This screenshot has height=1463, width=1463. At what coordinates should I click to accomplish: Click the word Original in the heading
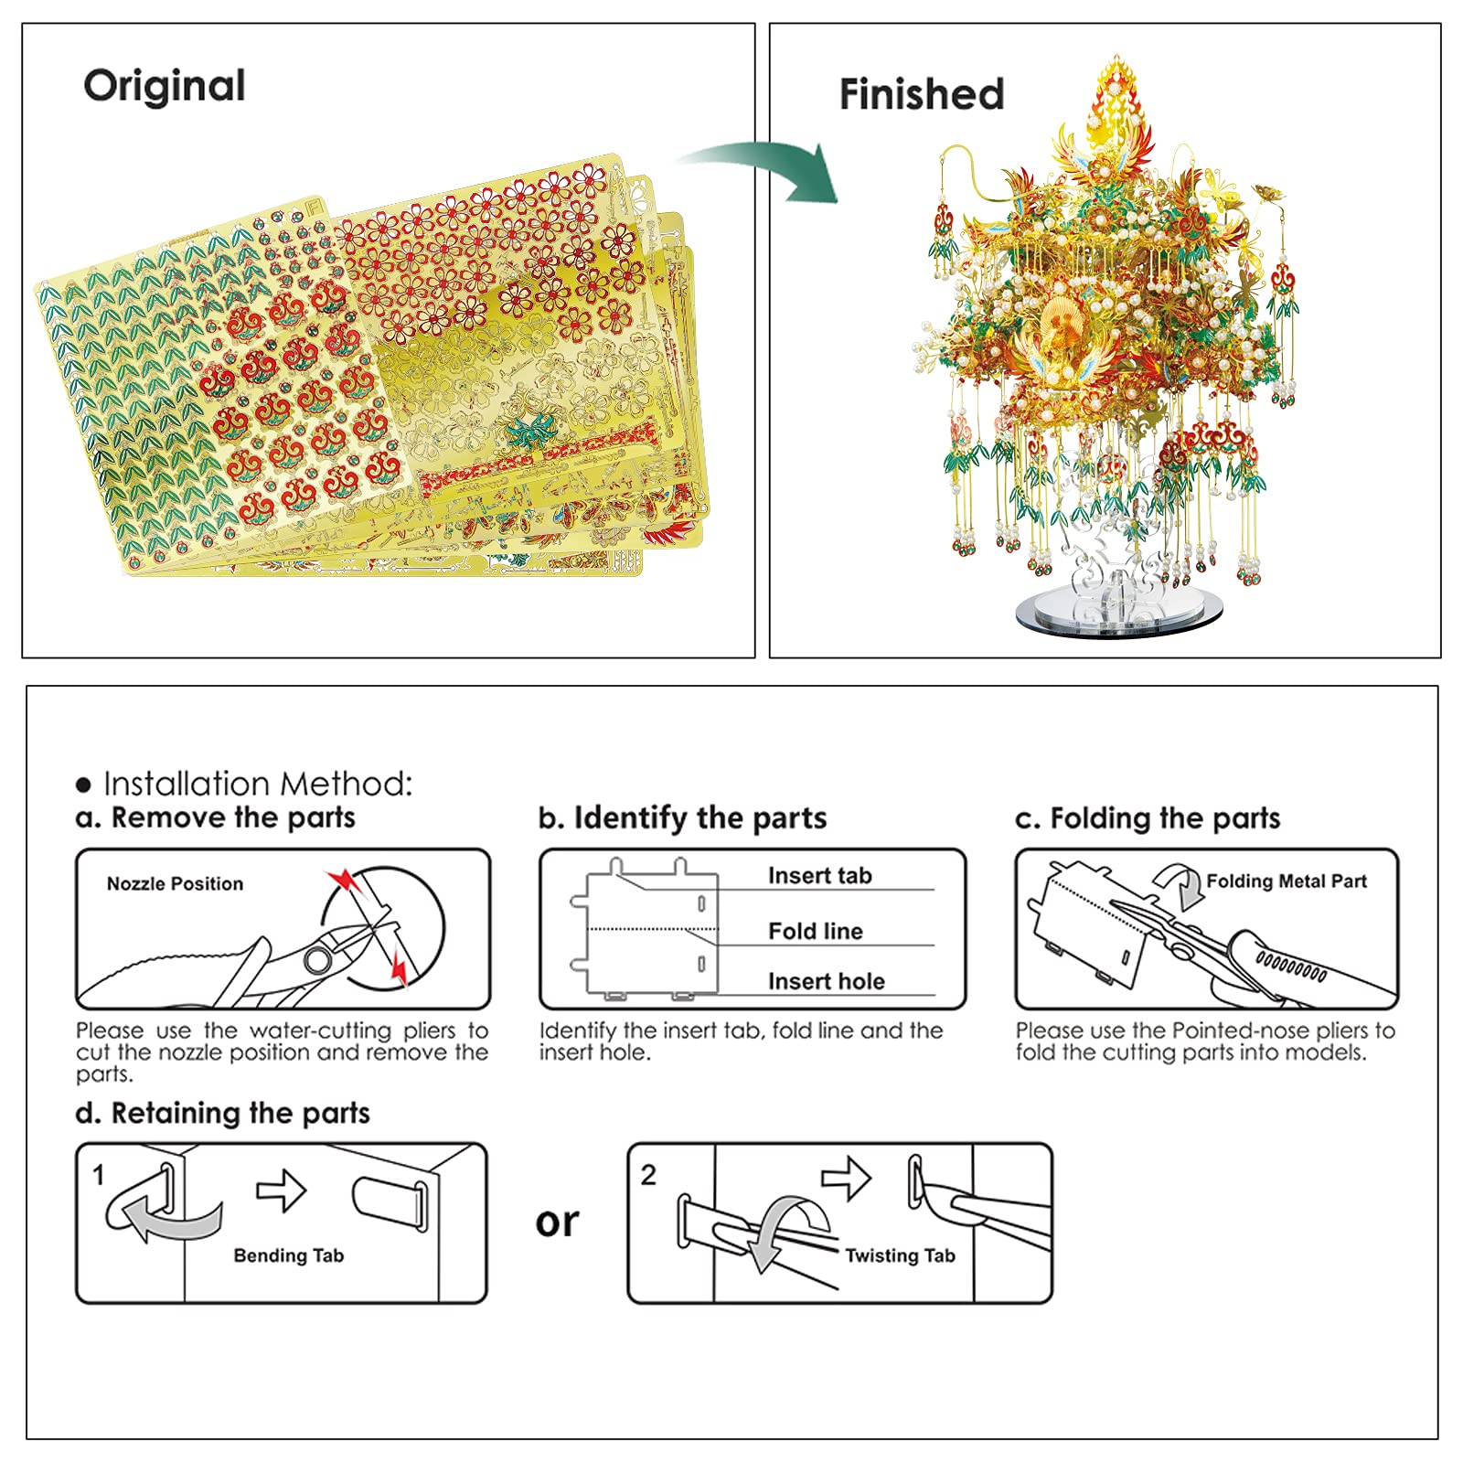(165, 87)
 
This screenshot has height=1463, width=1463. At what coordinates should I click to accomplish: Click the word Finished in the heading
(921, 94)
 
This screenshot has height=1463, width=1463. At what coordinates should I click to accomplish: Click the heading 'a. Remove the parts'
(216, 817)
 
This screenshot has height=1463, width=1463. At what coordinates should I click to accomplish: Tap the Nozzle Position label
(175, 883)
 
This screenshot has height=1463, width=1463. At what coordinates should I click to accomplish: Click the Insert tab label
(819, 876)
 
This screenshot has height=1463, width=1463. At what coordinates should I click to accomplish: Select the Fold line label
(815, 931)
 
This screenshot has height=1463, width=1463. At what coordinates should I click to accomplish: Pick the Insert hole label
(826, 981)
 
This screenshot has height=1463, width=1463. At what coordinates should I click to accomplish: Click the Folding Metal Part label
(1286, 881)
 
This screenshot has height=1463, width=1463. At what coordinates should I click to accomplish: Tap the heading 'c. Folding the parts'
(1147, 818)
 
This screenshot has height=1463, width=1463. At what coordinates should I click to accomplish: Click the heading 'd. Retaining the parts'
(222, 1113)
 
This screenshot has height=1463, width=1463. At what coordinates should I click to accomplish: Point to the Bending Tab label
(288, 1255)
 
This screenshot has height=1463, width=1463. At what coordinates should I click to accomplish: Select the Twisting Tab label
(900, 1255)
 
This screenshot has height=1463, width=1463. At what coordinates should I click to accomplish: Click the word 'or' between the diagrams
(557, 1223)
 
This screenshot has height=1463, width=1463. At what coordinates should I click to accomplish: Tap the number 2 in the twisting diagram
(648, 1175)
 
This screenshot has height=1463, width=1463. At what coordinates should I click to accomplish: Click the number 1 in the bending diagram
(99, 1175)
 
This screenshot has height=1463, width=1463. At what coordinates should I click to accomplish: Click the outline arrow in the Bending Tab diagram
(282, 1191)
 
